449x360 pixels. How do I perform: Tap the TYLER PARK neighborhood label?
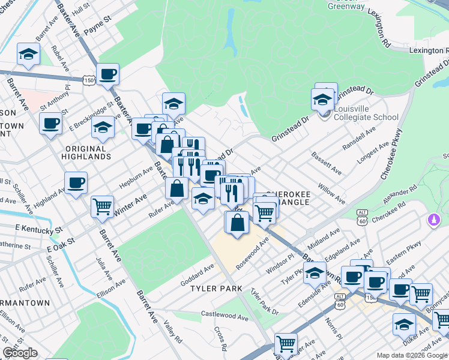point(215,289)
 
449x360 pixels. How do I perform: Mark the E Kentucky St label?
point(39,229)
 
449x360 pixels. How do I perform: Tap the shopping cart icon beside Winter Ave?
point(102,207)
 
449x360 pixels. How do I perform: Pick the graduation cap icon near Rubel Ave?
point(28,55)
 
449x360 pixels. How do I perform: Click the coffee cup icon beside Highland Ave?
point(76,183)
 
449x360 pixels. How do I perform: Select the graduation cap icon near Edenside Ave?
point(315,274)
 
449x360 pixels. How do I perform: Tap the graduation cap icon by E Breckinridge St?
point(103,128)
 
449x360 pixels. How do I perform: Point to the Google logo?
point(20,353)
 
